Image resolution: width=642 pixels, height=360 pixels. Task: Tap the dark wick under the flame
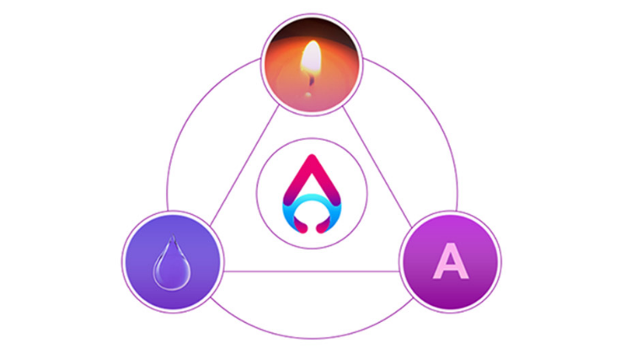click(x=312, y=80)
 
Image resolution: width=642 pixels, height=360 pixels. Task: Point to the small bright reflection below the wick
click(x=308, y=95)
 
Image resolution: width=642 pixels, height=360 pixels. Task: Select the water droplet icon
click(x=172, y=263)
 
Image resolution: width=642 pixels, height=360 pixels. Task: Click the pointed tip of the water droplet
click(x=174, y=235)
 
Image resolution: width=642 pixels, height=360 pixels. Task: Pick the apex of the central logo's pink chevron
click(x=312, y=156)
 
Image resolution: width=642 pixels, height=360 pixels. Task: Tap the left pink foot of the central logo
click(x=301, y=226)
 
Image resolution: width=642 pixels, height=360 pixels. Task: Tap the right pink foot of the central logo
click(x=323, y=226)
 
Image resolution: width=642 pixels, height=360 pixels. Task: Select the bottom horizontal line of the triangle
click(x=311, y=271)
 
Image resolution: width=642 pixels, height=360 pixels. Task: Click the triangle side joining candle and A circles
click(x=377, y=167)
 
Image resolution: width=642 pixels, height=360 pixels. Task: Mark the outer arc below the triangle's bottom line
click(x=312, y=338)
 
